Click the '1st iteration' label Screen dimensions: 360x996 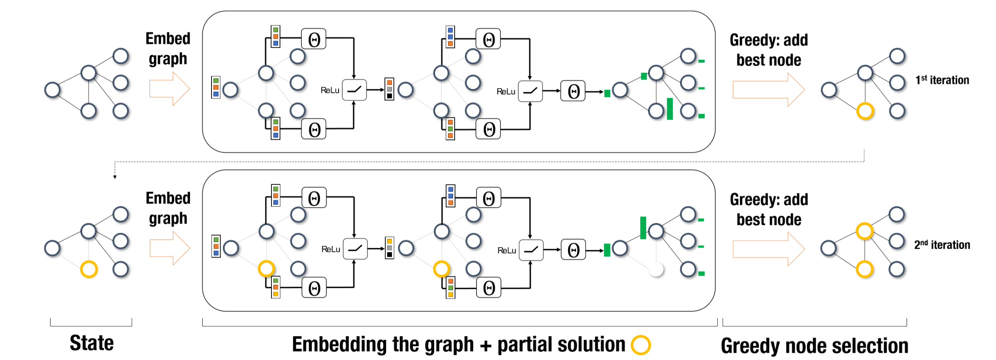942,80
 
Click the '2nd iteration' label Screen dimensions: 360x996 942,245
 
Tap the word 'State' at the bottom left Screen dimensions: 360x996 92,343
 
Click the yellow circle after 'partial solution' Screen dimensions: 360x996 641,345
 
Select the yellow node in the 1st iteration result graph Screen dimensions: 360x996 865,111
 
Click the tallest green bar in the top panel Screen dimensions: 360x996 670,109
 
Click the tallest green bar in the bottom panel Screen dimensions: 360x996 643,228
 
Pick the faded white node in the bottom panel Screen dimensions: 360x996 656,269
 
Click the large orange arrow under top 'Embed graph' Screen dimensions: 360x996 169,89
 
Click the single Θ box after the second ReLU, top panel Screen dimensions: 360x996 573,92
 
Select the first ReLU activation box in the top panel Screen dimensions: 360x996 354,90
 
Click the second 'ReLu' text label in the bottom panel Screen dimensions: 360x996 507,251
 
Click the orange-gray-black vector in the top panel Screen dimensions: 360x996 389,89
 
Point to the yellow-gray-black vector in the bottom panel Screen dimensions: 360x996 389,248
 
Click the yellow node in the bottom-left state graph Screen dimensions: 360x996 89,269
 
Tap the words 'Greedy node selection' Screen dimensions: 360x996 814,345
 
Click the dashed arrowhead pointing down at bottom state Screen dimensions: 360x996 115,177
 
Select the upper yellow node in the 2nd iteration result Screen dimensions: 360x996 864,231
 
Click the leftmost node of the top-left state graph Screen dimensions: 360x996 52,90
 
